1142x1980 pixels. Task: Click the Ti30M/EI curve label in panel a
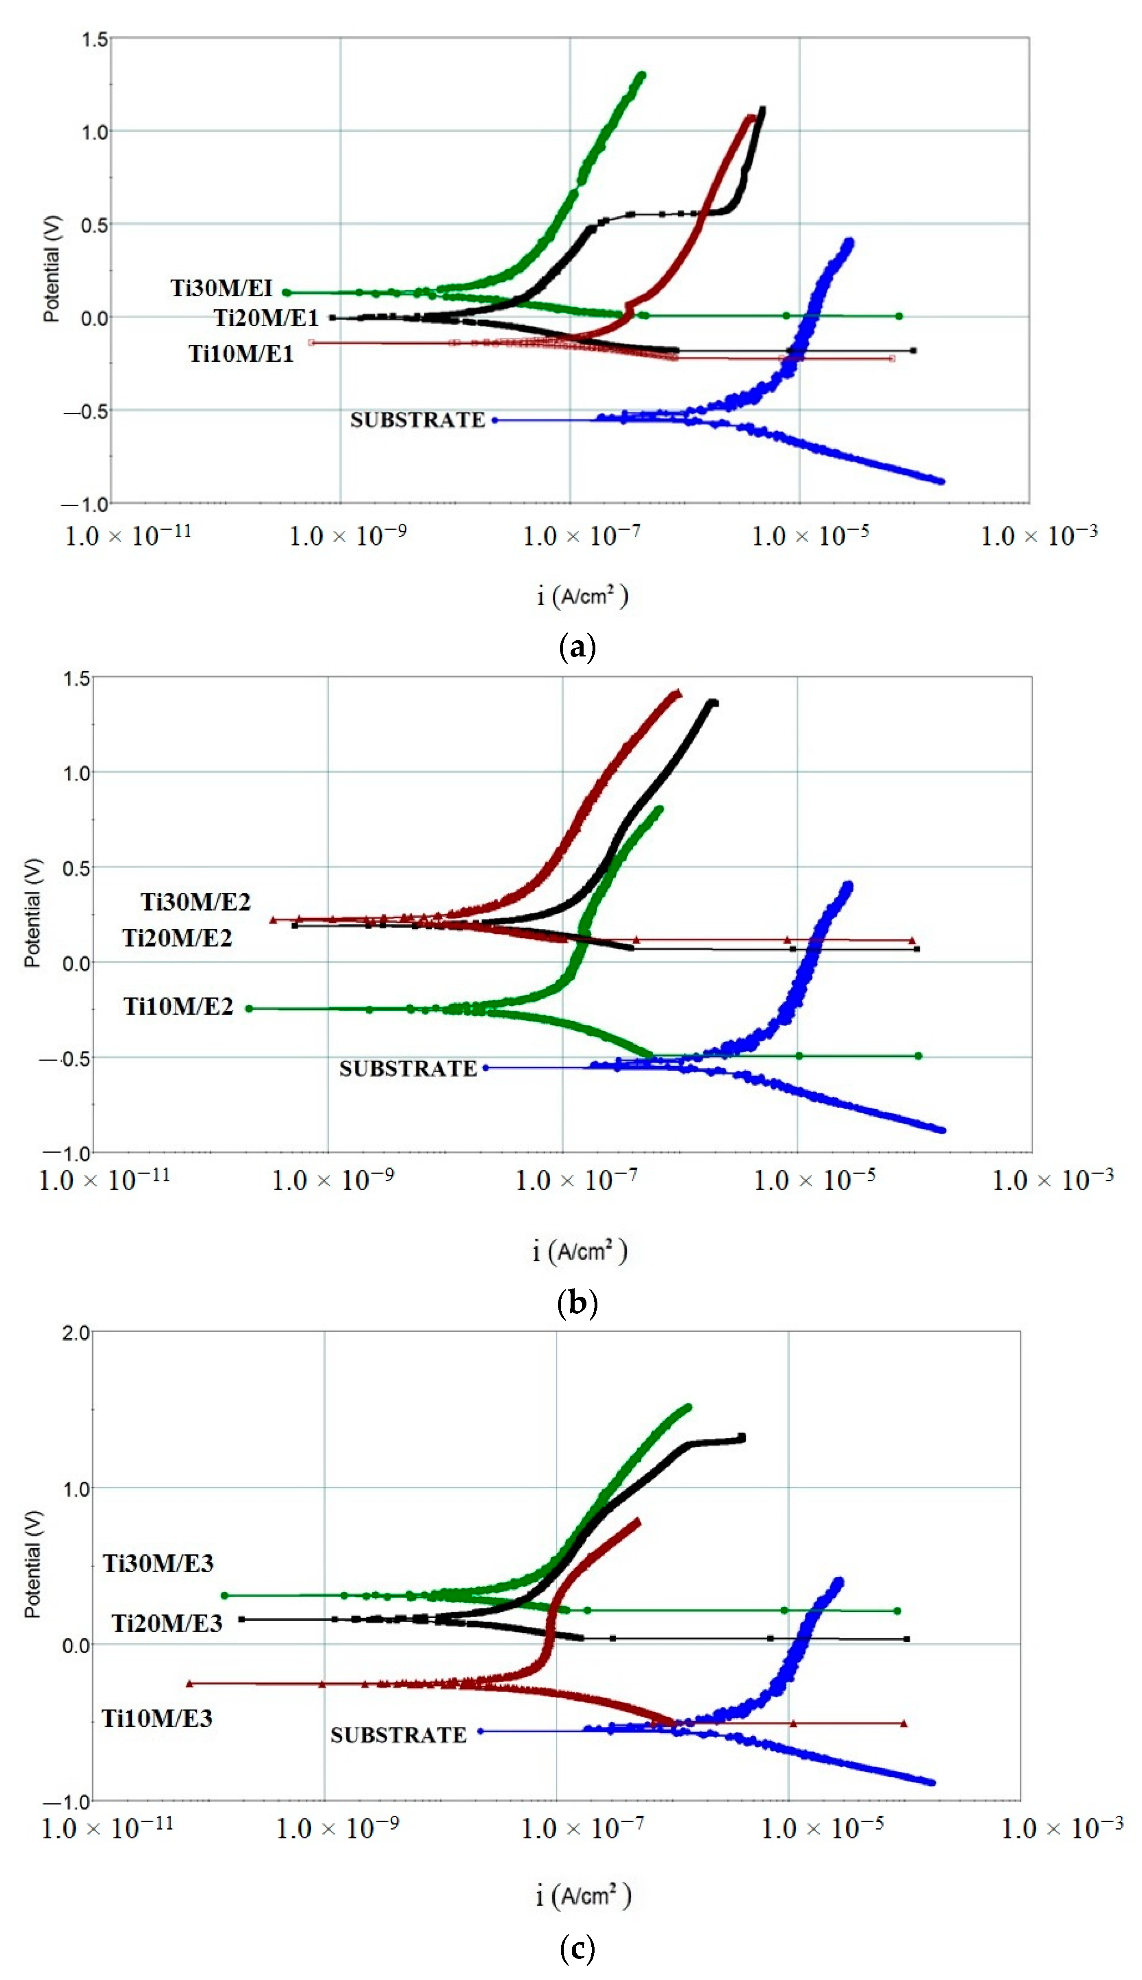[222, 288]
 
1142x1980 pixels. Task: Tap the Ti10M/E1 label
[241, 354]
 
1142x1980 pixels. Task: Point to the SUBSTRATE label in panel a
[417, 420]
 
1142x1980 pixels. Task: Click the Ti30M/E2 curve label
[196, 902]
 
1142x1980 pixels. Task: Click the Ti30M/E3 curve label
[158, 1563]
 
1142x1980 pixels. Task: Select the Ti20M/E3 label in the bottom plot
[167, 1623]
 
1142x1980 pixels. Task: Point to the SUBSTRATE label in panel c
[398, 1735]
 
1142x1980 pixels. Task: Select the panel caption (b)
[577, 1303]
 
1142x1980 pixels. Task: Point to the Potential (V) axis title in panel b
[32, 914]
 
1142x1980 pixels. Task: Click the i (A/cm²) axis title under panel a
[582, 596]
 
